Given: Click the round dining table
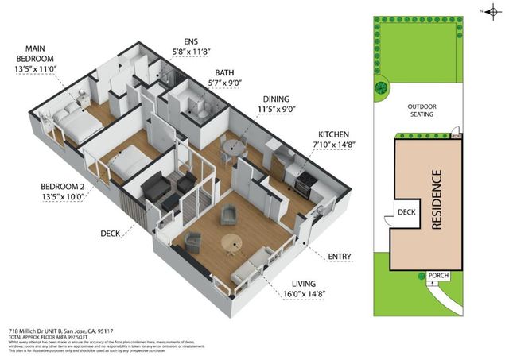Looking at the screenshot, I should click(x=231, y=145).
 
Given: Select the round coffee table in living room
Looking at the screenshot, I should click(x=231, y=242).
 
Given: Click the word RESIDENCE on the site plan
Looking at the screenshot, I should click(x=435, y=200).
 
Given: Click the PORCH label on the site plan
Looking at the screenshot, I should click(x=438, y=276).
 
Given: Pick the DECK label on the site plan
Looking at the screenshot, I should click(x=406, y=213).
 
